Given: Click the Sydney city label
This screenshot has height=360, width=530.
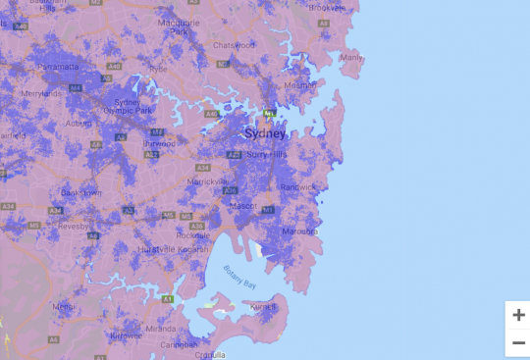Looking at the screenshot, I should [x=265, y=133].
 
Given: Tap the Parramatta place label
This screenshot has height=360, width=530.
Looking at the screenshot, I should [x=61, y=67].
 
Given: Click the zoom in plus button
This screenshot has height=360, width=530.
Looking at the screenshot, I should [x=517, y=315].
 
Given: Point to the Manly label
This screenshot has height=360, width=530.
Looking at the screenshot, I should [x=351, y=58].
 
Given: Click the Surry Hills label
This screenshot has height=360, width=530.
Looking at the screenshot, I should [x=265, y=155].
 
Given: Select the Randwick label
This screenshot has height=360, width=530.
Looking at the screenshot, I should [x=298, y=185].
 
